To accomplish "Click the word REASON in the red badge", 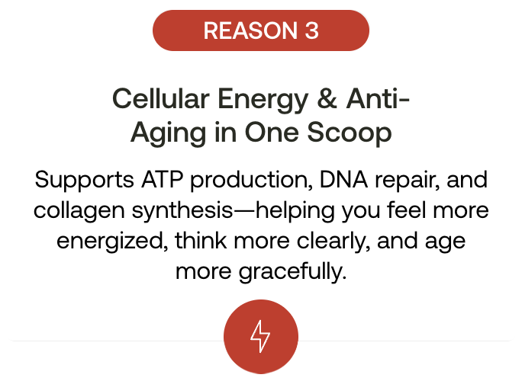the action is coord(250,30).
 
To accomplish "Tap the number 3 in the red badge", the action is coord(311,30).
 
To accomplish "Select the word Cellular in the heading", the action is coord(161,99).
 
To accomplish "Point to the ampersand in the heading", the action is coord(327,99).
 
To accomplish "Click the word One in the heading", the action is coord(272,133).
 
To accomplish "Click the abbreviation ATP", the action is coord(162,180).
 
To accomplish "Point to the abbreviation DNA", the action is coord(343,180).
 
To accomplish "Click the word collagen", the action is coord(79,212).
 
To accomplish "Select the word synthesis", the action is coord(182,212).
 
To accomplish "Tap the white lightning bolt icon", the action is coord(260,337).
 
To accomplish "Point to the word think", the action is coord(201,241).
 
